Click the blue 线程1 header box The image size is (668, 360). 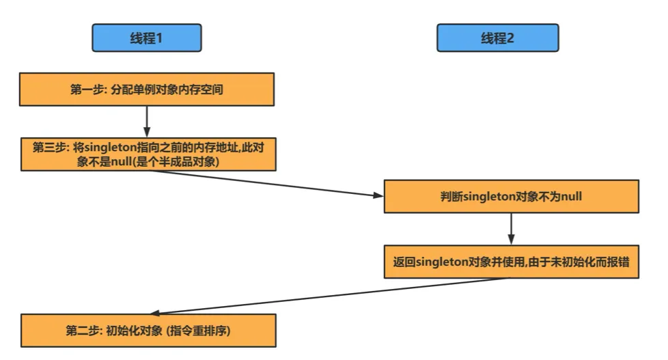click(147, 38)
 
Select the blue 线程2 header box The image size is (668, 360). click(497, 38)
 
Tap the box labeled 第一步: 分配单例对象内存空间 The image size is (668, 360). click(147, 89)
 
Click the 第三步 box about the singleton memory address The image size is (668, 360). click(147, 154)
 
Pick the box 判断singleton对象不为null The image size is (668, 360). click(511, 197)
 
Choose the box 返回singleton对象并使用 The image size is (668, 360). click(511, 262)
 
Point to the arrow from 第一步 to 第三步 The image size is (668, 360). click(147, 121)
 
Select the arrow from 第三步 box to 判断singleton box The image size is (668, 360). click(266, 183)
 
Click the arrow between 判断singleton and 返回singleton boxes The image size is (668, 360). click(511, 229)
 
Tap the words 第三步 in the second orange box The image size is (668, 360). click(48, 147)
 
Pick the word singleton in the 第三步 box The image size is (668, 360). click(111, 147)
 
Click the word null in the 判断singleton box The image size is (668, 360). click(570, 197)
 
